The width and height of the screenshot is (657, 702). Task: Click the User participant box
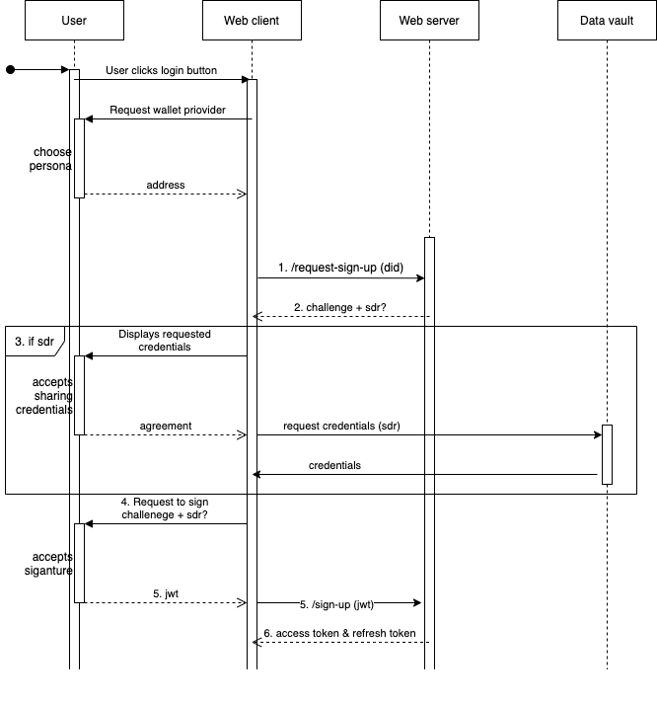[x=74, y=21]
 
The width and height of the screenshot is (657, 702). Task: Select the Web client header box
[x=252, y=21]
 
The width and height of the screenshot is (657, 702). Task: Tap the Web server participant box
[x=429, y=21]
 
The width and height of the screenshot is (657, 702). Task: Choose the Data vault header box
[x=607, y=21]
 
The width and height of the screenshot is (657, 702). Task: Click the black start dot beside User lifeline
[x=11, y=70]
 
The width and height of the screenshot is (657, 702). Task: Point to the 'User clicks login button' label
[x=161, y=71]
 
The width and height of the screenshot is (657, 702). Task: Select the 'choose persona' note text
[x=52, y=159]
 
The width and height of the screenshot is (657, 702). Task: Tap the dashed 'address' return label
[x=165, y=185]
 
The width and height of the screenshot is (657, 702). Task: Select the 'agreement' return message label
[x=165, y=426]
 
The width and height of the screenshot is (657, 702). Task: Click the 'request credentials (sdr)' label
[x=341, y=426]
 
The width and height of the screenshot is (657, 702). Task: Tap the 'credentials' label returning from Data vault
[x=335, y=465]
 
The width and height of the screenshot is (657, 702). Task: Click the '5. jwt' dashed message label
[x=165, y=593]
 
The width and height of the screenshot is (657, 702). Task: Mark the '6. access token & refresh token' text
[x=339, y=633]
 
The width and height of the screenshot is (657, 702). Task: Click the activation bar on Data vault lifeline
[x=607, y=454]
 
